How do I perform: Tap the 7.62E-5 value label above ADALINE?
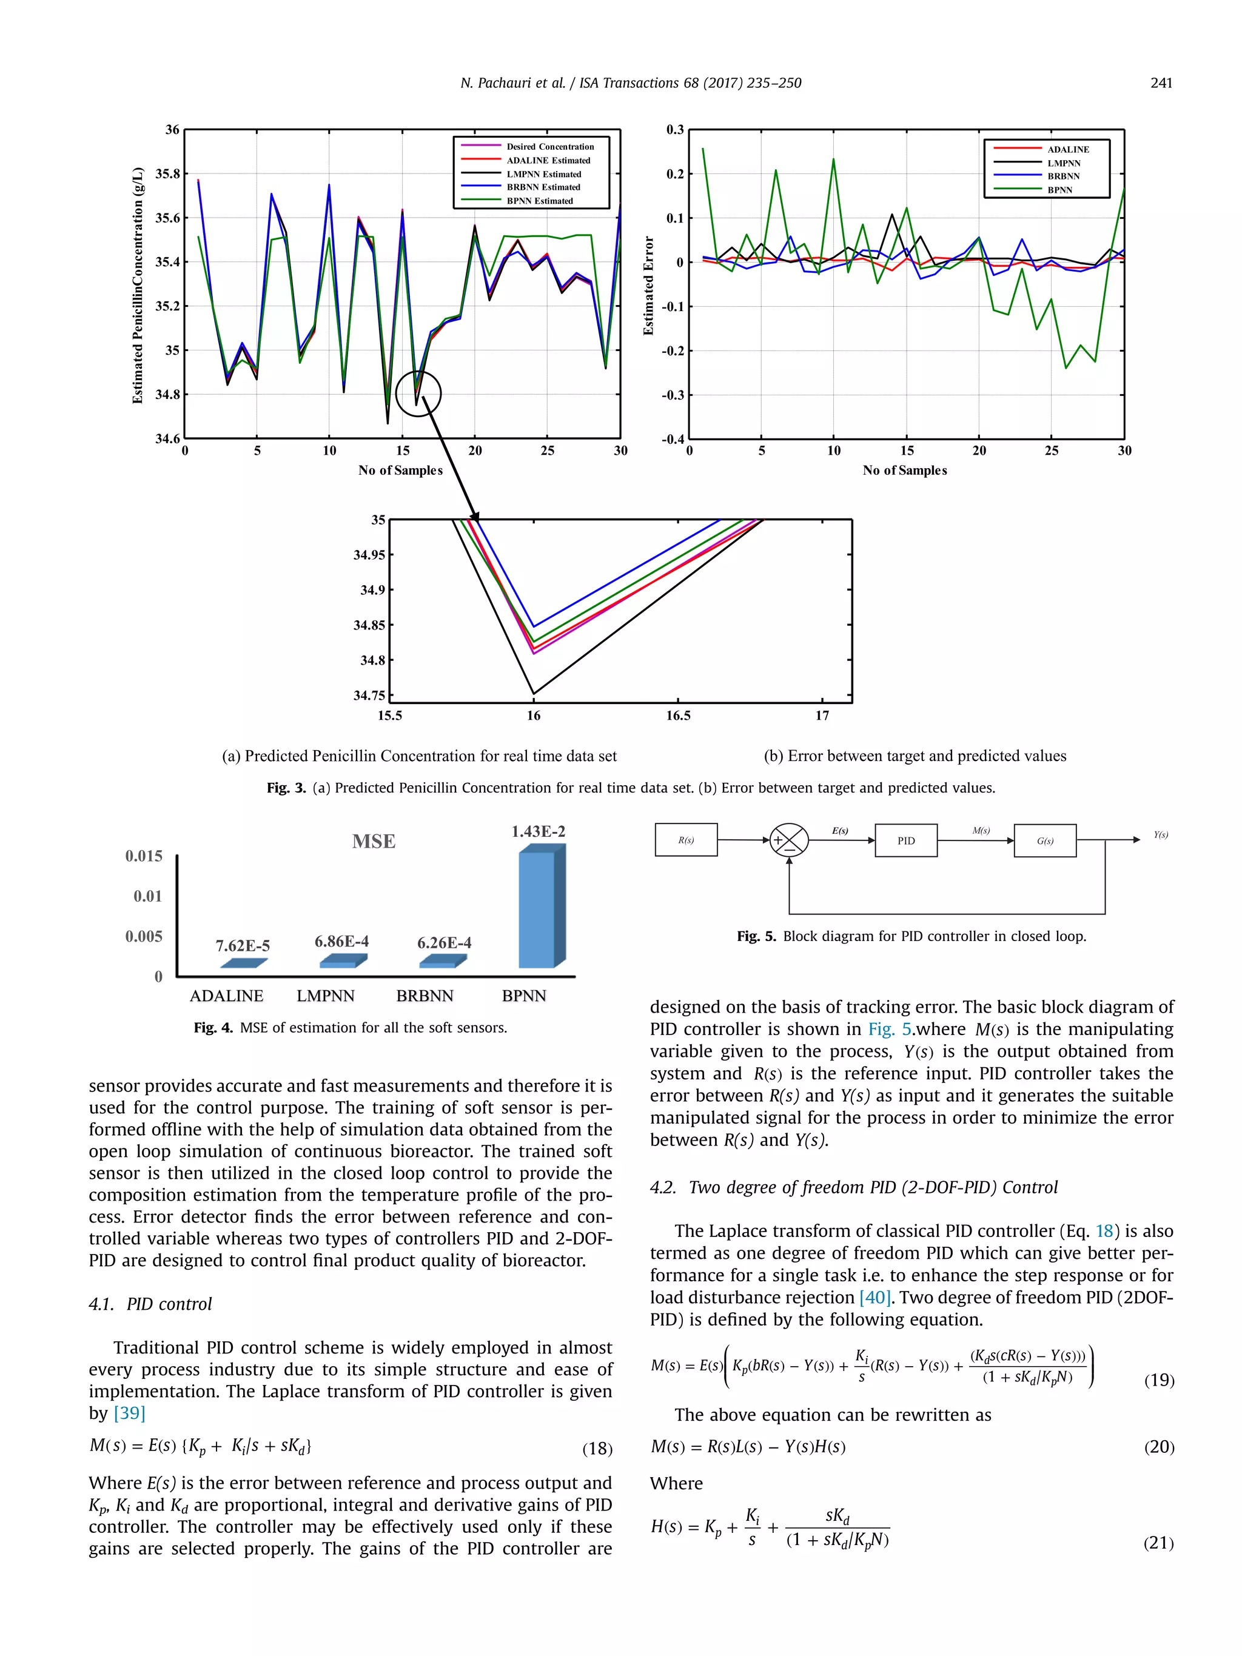[x=243, y=945]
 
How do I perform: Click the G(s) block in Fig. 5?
[x=1044, y=840]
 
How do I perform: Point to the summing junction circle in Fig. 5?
[x=789, y=840]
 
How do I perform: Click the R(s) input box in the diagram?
[x=686, y=840]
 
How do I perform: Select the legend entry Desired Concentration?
[x=549, y=147]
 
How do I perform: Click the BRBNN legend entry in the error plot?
[x=1063, y=176]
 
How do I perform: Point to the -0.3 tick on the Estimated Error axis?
[x=673, y=395]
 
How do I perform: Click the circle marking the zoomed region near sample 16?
[x=418, y=393]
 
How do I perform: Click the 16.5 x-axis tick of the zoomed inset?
[x=678, y=716]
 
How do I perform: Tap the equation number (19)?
[x=1159, y=1379]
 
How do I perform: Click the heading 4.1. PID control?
[x=150, y=1304]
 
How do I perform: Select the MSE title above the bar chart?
[x=374, y=842]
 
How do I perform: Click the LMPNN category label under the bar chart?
[x=325, y=996]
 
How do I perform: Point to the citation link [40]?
[x=874, y=1298]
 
